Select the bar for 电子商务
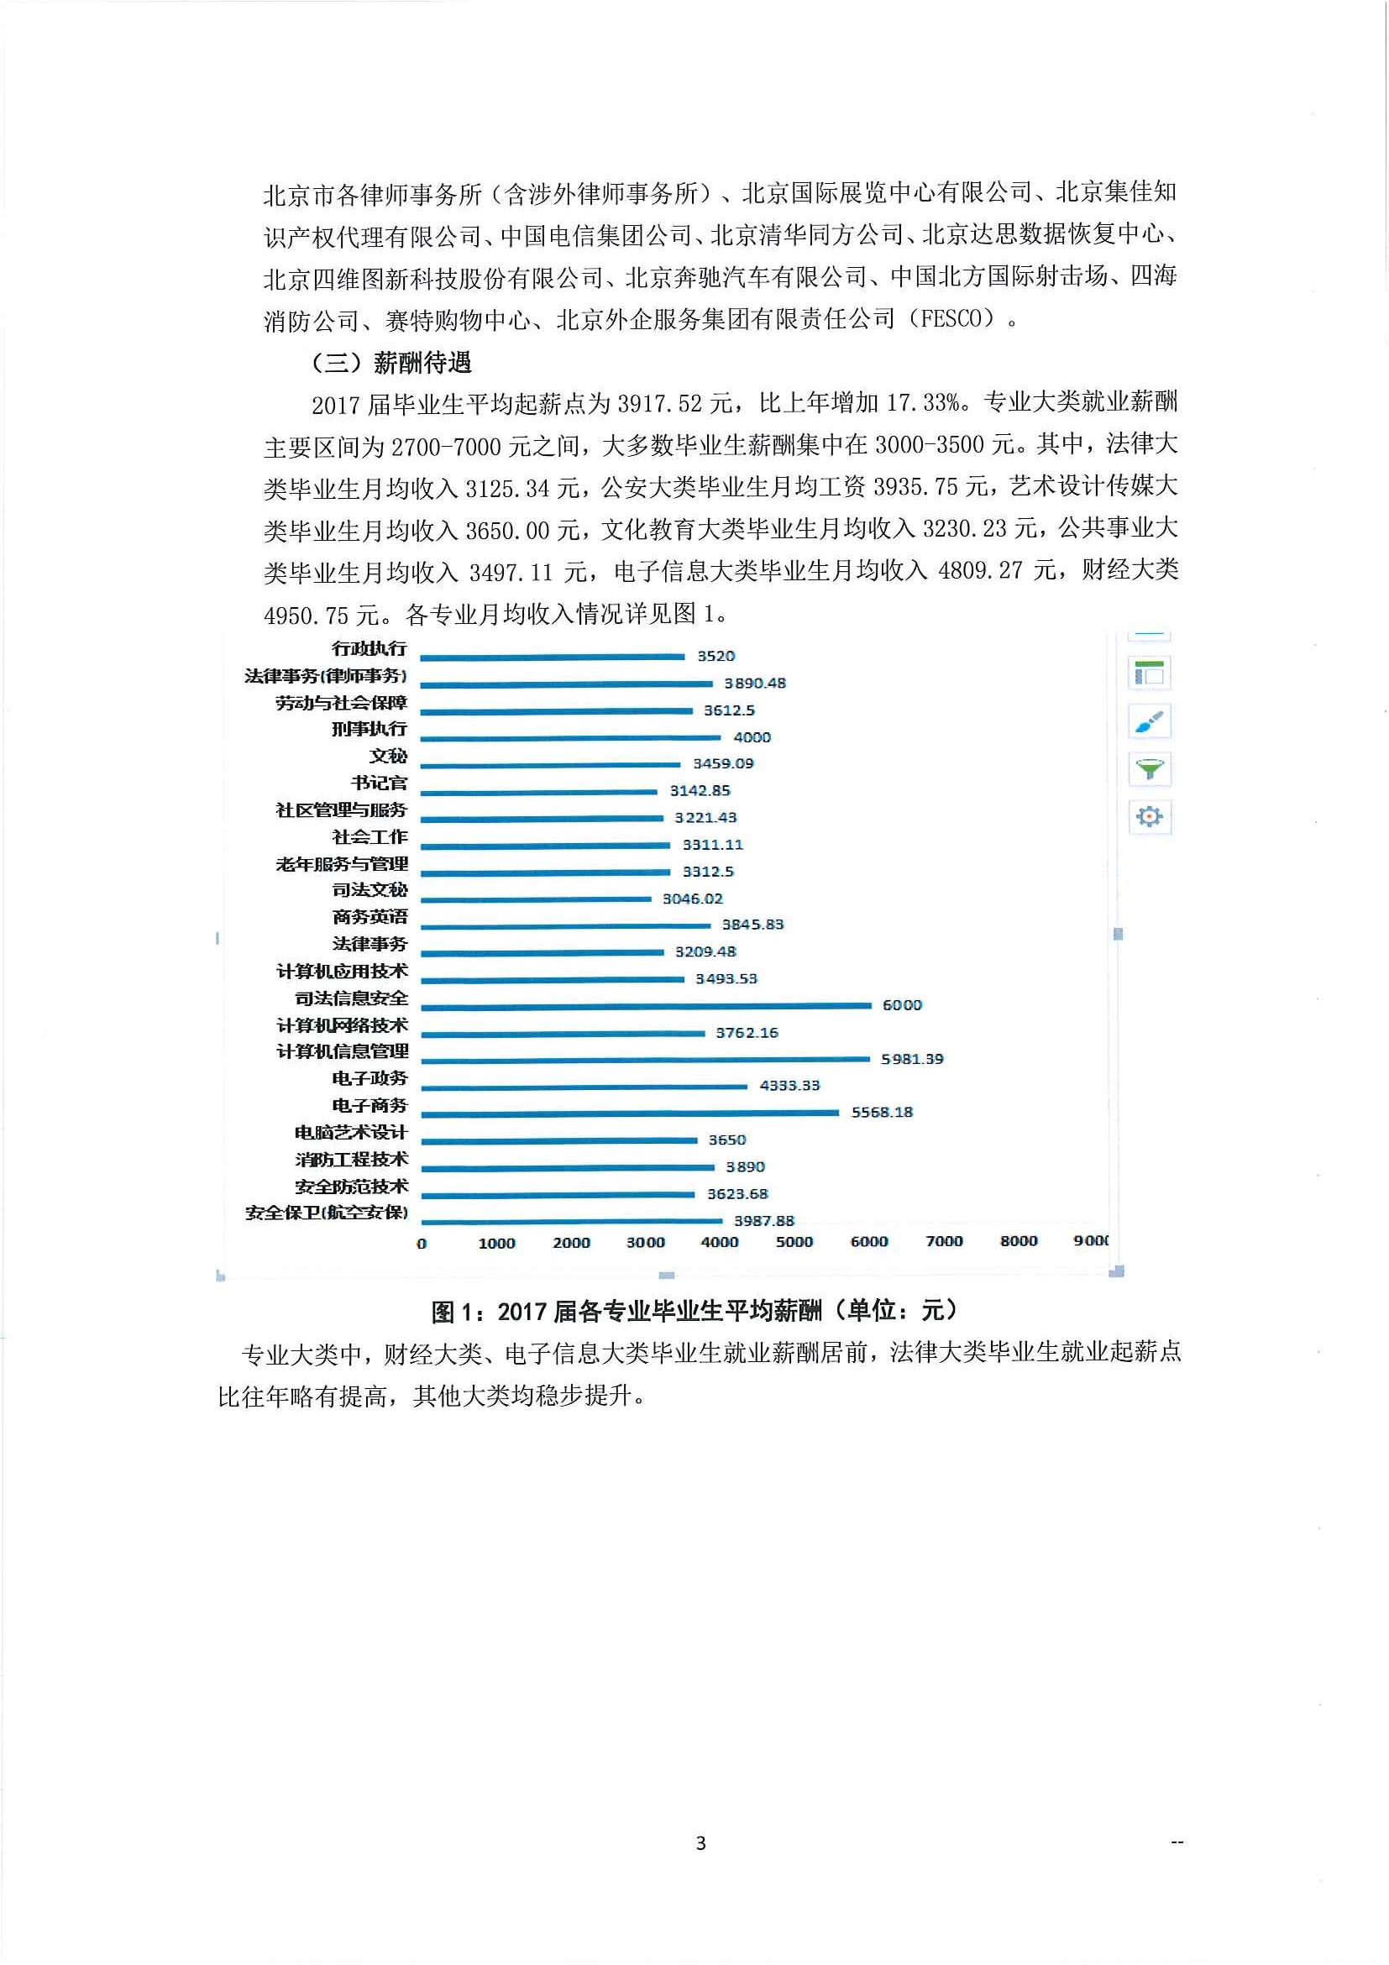point(630,1113)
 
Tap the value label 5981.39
point(912,1059)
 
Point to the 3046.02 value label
point(692,899)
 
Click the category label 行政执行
point(369,649)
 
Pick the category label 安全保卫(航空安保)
point(326,1213)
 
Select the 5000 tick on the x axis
point(794,1242)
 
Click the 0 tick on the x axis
point(421,1244)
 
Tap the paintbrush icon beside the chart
point(1149,721)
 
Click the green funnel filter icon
point(1149,769)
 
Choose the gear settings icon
point(1149,816)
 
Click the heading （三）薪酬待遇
point(391,363)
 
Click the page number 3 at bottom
point(701,1842)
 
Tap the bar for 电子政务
point(584,1086)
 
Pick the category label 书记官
point(379,783)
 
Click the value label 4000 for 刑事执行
point(752,737)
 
